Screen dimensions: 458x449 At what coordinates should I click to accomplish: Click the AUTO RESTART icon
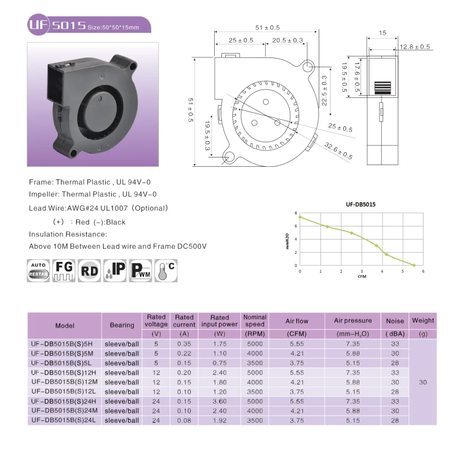click(38, 271)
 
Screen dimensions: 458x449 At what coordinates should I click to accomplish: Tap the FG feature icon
click(64, 271)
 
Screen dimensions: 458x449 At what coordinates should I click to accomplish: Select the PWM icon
click(140, 271)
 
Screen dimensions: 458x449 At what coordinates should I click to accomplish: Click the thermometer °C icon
click(166, 271)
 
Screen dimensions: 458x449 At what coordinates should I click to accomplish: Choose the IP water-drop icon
click(115, 271)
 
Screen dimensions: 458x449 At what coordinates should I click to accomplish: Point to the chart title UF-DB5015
click(360, 205)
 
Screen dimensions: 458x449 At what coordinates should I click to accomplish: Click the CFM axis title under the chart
click(362, 276)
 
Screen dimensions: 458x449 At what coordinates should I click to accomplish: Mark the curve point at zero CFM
click(300, 217)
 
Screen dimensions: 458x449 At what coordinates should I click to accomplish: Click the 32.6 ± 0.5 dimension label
click(338, 151)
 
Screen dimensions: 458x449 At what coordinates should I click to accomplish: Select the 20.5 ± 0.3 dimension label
click(288, 40)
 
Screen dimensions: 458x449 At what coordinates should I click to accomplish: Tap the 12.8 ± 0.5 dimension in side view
click(415, 46)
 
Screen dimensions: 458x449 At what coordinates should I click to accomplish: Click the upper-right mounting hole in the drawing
click(308, 67)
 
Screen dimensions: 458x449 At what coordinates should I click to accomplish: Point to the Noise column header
click(395, 321)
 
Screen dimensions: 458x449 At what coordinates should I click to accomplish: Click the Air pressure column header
click(353, 320)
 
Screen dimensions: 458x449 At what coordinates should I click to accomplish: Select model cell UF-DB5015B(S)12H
click(64, 372)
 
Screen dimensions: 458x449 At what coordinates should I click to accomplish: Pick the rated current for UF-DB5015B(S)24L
click(184, 421)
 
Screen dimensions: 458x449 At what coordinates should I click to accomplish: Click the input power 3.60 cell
click(220, 401)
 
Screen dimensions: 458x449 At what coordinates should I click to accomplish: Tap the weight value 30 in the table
click(423, 382)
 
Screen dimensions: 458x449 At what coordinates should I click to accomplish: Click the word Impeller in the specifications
click(44, 194)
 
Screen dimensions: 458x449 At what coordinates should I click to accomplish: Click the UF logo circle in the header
click(38, 25)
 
